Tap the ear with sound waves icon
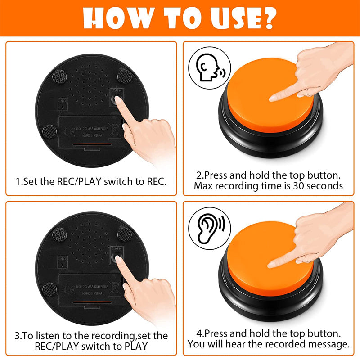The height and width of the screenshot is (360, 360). [x=209, y=227]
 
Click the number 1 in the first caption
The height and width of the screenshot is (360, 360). [x=18, y=182]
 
